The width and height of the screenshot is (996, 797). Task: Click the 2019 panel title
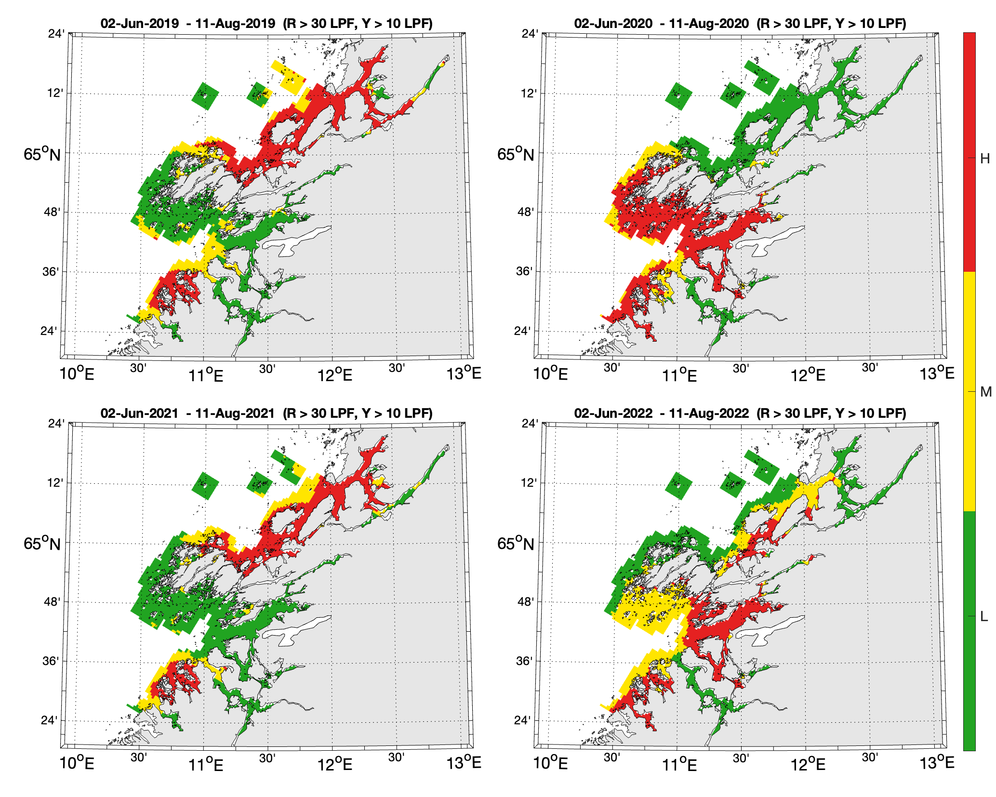(x=266, y=23)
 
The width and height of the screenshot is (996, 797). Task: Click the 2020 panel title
(x=740, y=23)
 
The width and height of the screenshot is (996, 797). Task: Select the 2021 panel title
(x=266, y=413)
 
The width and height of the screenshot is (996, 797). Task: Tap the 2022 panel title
(x=740, y=413)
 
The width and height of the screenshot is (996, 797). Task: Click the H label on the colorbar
(x=985, y=158)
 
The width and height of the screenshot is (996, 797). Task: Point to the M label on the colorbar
(x=985, y=392)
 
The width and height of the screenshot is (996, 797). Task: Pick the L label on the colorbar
(x=984, y=616)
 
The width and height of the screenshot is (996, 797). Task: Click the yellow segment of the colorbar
(x=969, y=390)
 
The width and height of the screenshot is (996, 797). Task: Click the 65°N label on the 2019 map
(x=42, y=154)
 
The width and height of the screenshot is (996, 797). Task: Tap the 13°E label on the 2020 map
(x=937, y=374)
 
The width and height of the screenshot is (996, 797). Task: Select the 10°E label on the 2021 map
(x=77, y=763)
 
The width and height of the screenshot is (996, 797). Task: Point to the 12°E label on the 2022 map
(x=808, y=763)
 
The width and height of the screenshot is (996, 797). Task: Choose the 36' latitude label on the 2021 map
(x=52, y=661)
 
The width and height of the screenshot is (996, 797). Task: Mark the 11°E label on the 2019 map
(x=206, y=375)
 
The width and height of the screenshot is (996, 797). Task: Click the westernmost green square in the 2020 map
(x=678, y=96)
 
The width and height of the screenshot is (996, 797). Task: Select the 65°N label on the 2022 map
(x=516, y=544)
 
